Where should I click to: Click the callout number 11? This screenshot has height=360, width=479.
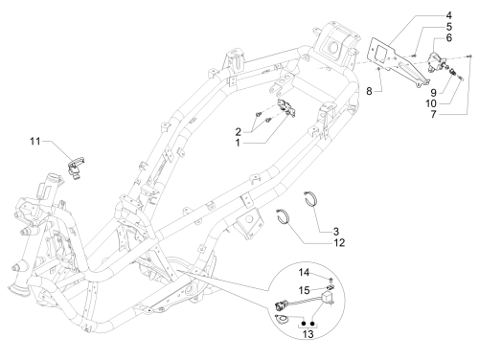click(x=35, y=141)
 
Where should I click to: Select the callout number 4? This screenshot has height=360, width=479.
click(x=448, y=15)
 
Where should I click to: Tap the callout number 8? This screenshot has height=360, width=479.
click(x=369, y=91)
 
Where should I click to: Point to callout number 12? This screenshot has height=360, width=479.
click(x=339, y=243)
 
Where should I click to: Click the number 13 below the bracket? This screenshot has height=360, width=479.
click(x=308, y=334)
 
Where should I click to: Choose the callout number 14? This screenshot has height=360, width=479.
click(x=304, y=273)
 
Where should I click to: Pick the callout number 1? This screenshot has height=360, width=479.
click(x=238, y=143)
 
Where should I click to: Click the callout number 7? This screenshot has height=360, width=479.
click(x=433, y=114)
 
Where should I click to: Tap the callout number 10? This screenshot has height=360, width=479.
click(x=431, y=103)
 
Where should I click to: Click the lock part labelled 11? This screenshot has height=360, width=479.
click(x=76, y=167)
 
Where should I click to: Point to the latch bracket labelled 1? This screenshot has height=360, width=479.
click(x=286, y=107)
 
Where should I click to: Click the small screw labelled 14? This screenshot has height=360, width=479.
click(x=331, y=280)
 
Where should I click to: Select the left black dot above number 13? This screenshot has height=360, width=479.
click(x=304, y=324)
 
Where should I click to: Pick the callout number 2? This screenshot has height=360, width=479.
click(x=239, y=132)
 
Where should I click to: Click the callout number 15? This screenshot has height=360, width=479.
click(x=304, y=290)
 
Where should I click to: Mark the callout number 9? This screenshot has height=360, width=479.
click(x=433, y=93)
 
